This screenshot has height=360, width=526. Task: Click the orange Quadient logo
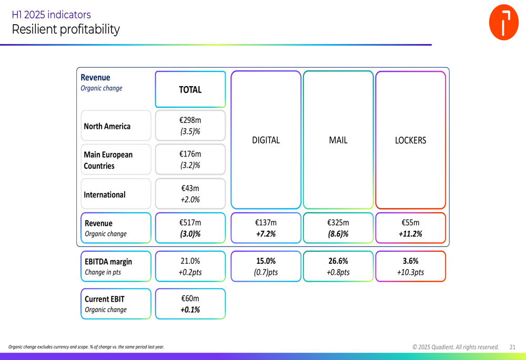click(x=503, y=23)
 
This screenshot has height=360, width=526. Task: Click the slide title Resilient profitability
click(x=66, y=29)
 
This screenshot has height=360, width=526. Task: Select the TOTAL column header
click(x=190, y=90)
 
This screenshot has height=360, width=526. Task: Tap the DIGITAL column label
click(x=266, y=140)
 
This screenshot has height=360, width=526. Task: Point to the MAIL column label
click(x=338, y=140)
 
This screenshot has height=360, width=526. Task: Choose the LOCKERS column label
click(x=410, y=140)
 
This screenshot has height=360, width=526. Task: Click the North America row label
click(x=107, y=126)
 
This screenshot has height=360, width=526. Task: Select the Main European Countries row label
click(x=108, y=160)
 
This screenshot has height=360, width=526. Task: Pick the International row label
click(x=105, y=194)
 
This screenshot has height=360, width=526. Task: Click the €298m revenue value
click(x=190, y=120)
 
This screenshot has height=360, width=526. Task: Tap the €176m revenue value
click(x=190, y=154)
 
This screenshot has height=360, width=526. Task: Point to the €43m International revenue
click(x=190, y=188)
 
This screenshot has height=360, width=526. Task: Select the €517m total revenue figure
click(x=190, y=223)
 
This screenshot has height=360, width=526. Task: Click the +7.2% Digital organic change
click(x=266, y=234)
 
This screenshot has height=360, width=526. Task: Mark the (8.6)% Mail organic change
click(x=338, y=234)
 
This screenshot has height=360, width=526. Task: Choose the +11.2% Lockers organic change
click(x=410, y=234)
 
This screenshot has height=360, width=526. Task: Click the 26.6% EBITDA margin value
click(x=338, y=261)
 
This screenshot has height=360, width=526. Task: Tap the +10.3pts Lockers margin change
click(x=410, y=272)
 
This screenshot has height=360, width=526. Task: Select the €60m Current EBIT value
click(x=190, y=299)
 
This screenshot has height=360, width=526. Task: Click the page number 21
click(x=512, y=347)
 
